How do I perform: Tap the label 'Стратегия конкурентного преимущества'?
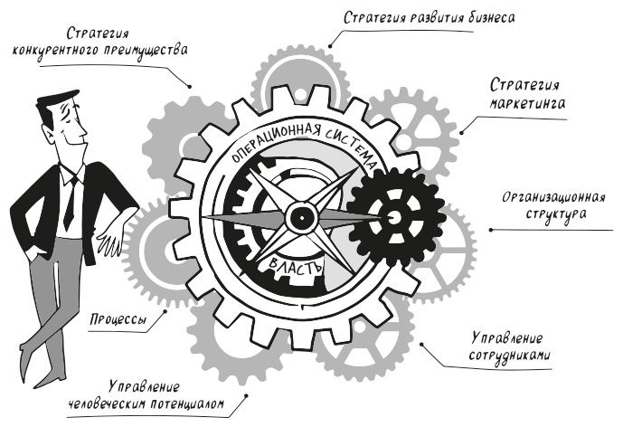pos(100,41)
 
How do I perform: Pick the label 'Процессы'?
pos(120,320)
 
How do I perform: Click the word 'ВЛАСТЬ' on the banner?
pos(295,265)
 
